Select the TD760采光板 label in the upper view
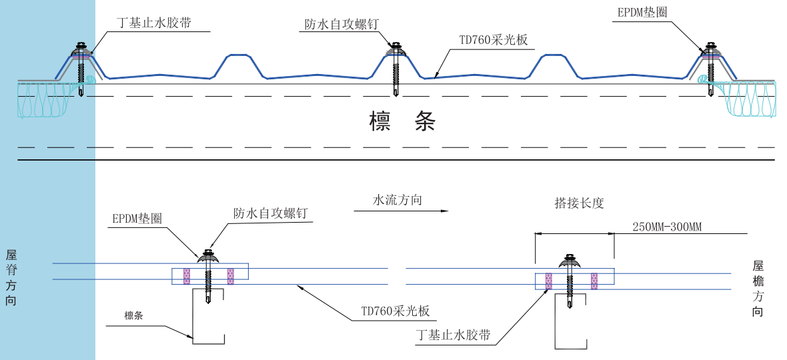point(494,40)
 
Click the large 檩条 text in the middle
point(402,121)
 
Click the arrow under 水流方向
point(400,211)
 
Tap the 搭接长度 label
point(579,203)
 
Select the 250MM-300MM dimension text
point(667,227)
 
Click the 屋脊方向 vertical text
point(11,277)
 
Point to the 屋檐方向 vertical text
point(758,288)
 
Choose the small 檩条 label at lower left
point(133,315)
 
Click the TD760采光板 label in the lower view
point(395,311)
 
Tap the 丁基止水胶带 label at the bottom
point(453,335)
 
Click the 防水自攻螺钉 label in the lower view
point(270,213)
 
